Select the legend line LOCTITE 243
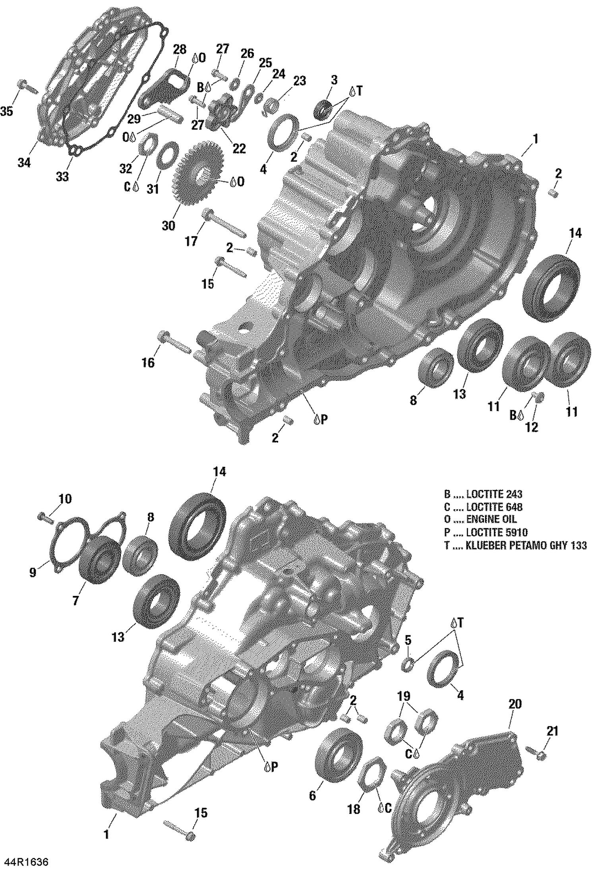click(x=483, y=494)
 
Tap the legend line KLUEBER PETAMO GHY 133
click(x=515, y=545)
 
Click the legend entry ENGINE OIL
click(x=481, y=520)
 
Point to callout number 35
click(x=6, y=111)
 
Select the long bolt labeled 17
click(x=224, y=224)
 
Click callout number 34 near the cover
click(x=24, y=162)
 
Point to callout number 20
click(x=515, y=704)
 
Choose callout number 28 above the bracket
click(x=180, y=50)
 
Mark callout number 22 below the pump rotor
click(x=239, y=149)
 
